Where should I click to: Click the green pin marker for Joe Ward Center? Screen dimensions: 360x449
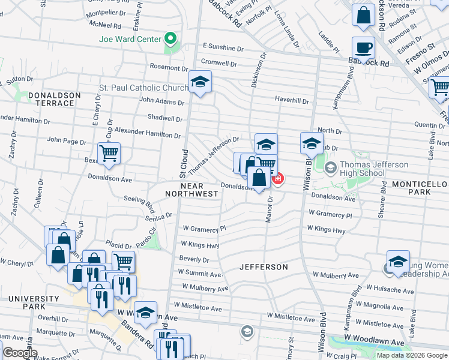170,39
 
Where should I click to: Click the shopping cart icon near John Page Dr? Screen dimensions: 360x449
109,153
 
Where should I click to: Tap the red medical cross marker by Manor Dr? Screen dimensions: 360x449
277,178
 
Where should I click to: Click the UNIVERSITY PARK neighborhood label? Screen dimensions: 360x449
34,303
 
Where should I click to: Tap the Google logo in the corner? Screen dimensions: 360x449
20,353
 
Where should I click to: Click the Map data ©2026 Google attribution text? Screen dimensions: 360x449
411,355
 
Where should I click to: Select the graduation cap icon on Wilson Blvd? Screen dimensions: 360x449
312,143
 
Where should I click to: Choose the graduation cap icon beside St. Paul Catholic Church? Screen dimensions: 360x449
200,82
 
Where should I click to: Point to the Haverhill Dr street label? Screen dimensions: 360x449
291,101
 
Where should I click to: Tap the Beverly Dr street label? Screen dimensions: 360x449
194,260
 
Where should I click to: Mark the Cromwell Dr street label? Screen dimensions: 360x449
218,62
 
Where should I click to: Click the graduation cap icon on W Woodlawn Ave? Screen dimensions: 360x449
145,313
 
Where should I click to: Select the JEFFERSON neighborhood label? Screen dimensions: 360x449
264,266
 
